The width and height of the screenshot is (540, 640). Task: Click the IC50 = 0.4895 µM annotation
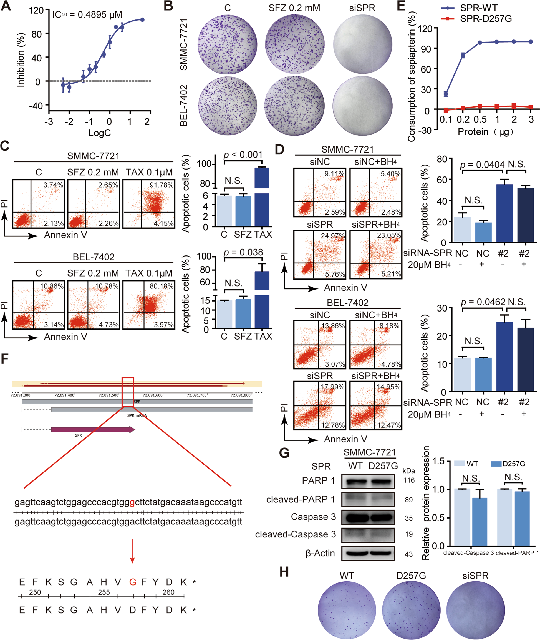[87, 14]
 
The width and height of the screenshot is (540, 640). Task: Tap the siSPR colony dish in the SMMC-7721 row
[362, 44]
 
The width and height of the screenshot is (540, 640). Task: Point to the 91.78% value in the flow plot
[161, 185]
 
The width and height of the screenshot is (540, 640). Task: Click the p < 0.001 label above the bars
[243, 155]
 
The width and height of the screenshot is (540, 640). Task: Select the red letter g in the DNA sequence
[132, 502]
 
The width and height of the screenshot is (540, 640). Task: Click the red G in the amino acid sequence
[133, 582]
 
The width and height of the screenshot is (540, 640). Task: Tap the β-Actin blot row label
[320, 553]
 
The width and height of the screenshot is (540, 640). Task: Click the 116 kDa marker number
[409, 480]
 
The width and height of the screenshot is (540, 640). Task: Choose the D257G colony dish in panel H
[411, 608]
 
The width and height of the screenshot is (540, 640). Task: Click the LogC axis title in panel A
[100, 133]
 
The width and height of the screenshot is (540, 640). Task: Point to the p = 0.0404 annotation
[482, 165]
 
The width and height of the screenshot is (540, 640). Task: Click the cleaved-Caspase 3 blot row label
[296, 534]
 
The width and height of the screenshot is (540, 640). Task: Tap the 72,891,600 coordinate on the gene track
[152, 395]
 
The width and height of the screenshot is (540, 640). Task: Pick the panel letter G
[284, 453]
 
